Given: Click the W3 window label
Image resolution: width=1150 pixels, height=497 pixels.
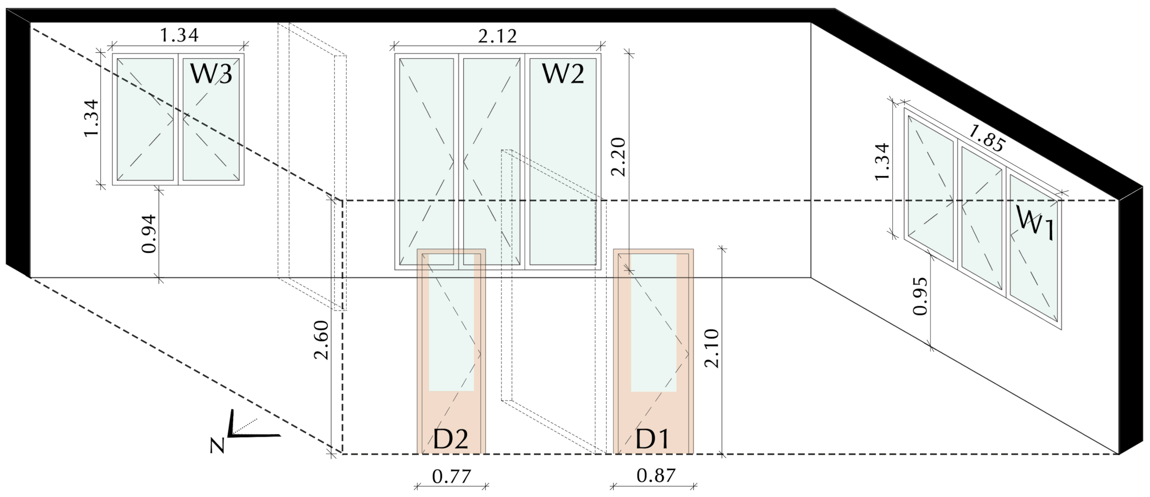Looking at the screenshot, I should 211,74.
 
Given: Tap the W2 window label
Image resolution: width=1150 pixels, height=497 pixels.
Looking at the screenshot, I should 563,74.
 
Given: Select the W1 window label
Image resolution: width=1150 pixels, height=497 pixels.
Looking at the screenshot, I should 1035,223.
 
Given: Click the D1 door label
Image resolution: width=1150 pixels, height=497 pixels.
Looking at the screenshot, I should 652,439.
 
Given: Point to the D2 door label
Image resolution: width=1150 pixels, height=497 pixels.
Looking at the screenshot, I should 450,439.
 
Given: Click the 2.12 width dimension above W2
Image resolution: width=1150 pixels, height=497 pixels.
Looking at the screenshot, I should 497,36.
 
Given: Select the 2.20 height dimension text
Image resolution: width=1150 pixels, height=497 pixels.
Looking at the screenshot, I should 619,157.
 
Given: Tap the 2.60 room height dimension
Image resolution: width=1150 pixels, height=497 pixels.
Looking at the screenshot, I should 321,340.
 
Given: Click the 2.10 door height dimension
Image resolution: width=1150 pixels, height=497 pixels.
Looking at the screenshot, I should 712,348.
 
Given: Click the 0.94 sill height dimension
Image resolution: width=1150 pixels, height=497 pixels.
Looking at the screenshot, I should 149,234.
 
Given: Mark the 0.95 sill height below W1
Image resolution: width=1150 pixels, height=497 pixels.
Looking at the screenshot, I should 920,296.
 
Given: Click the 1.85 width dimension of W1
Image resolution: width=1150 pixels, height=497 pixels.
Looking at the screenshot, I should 987,138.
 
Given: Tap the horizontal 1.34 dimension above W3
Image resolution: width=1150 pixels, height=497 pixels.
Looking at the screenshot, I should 179,35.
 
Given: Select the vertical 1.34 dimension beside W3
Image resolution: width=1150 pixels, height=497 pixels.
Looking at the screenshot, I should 92,119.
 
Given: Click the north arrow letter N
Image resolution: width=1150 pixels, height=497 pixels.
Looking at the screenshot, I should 217,445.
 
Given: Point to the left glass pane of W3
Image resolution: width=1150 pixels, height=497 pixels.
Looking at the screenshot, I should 145,120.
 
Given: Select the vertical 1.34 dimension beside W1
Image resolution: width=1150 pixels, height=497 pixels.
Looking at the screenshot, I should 882,161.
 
